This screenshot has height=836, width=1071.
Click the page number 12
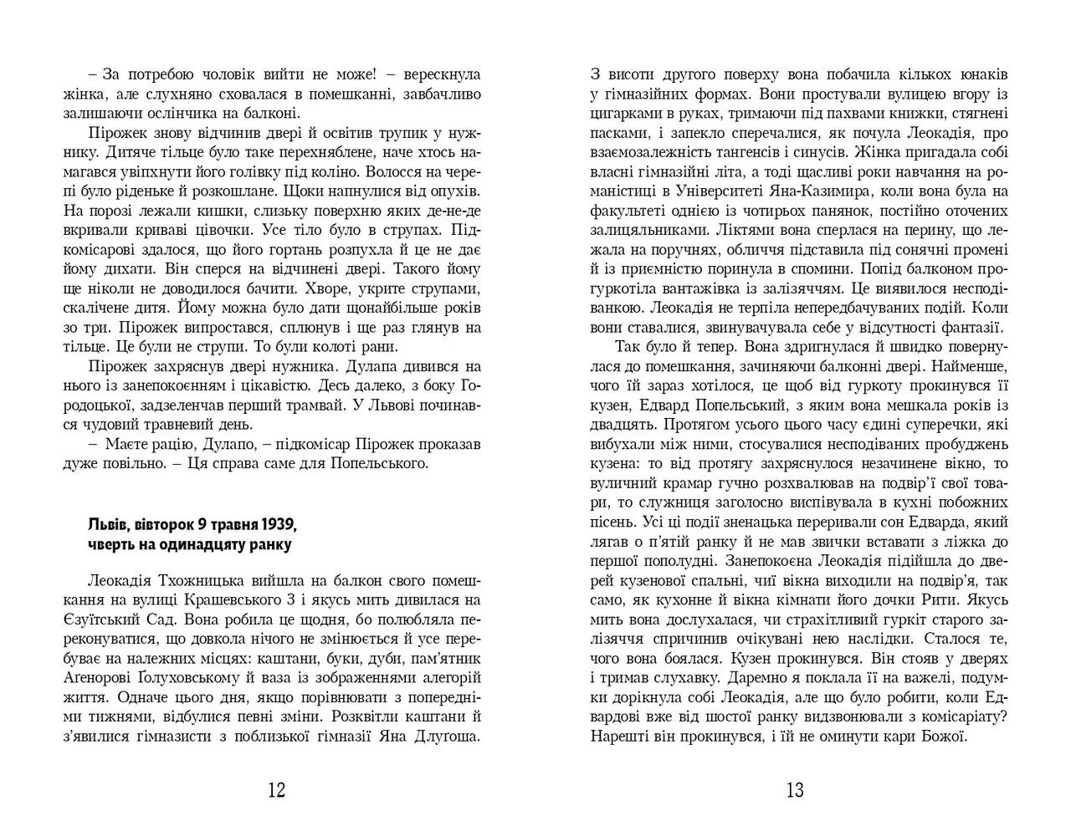tap(276, 790)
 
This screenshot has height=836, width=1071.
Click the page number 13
tap(794, 790)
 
